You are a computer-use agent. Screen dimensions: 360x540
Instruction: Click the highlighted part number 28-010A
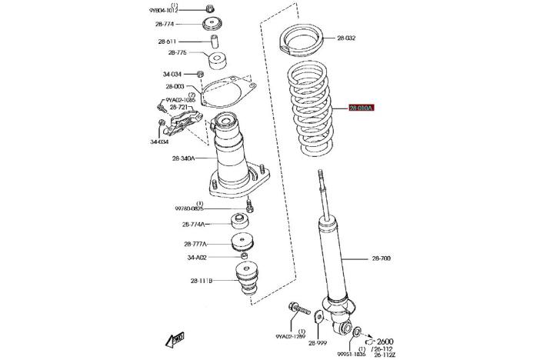tap(361, 108)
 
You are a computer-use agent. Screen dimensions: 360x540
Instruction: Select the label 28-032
tap(347, 37)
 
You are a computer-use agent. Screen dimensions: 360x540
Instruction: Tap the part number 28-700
tap(381, 258)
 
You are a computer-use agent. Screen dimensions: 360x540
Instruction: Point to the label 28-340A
tap(183, 159)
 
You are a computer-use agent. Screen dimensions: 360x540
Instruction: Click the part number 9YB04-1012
tap(163, 11)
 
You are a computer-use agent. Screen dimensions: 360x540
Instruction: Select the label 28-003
tap(174, 88)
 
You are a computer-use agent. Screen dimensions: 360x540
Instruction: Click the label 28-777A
tap(195, 244)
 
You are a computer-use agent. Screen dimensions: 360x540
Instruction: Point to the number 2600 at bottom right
tap(385, 341)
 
